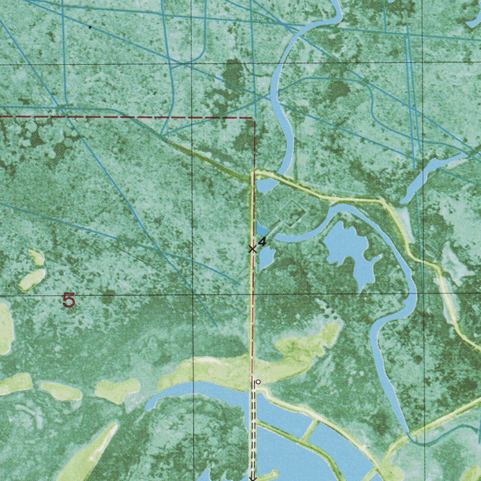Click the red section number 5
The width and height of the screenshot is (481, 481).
click(69, 300)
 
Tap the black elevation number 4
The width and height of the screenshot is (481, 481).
click(262, 241)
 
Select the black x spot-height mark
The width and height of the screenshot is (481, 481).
click(252, 248)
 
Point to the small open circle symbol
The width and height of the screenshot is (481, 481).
click(258, 382)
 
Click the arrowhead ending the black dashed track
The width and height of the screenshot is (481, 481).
click(252, 478)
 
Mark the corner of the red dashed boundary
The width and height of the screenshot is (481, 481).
click(255, 118)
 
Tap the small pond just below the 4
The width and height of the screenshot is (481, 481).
click(266, 257)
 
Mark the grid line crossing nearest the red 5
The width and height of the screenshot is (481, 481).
click(193, 295)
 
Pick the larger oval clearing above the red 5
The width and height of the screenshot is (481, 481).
click(32, 280)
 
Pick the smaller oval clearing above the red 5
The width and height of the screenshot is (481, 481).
click(36, 257)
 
